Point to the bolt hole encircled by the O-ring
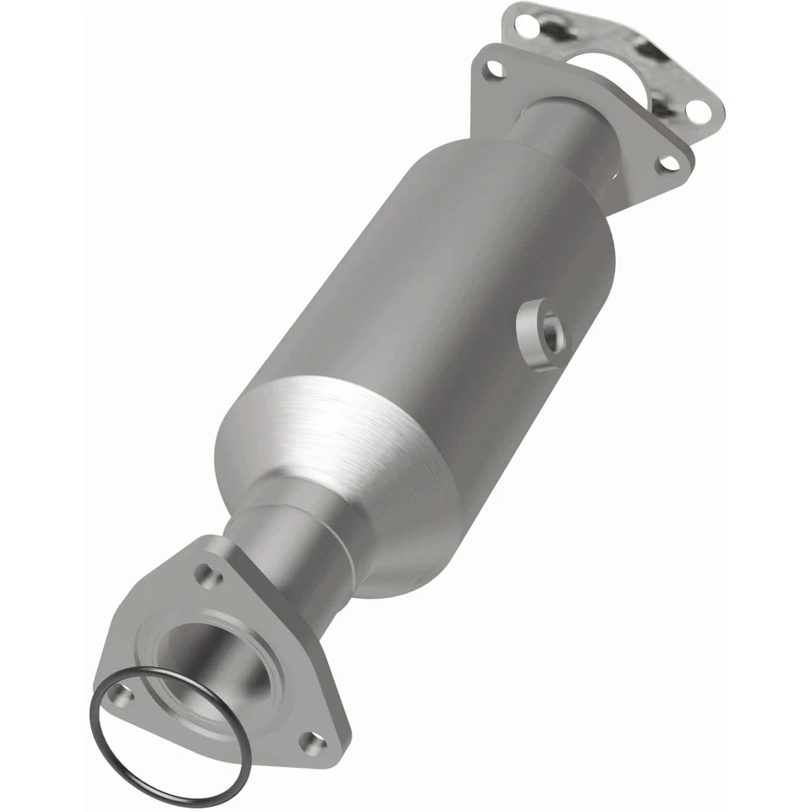pos(124,699)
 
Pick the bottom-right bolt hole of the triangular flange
pos(312,745)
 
